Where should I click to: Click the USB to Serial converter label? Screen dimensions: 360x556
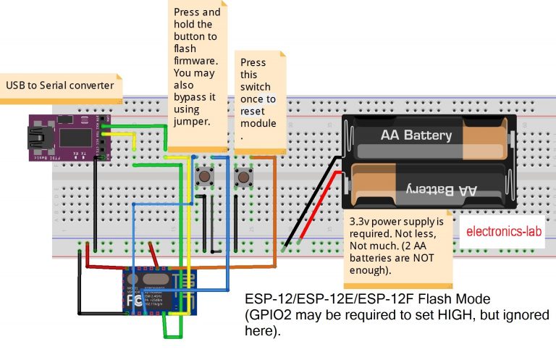pyautogui.click(x=59, y=85)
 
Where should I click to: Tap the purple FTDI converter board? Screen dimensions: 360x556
pyautogui.click(x=69, y=138)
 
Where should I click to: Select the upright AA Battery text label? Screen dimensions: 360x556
pyautogui.click(x=416, y=135)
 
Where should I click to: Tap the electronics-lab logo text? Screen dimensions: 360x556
pyautogui.click(x=503, y=233)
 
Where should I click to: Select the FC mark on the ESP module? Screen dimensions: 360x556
pyautogui.click(x=135, y=298)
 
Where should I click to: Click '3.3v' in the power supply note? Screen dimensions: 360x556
pyautogui.click(x=361, y=221)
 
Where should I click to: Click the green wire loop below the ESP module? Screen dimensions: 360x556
pyautogui.click(x=172, y=333)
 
